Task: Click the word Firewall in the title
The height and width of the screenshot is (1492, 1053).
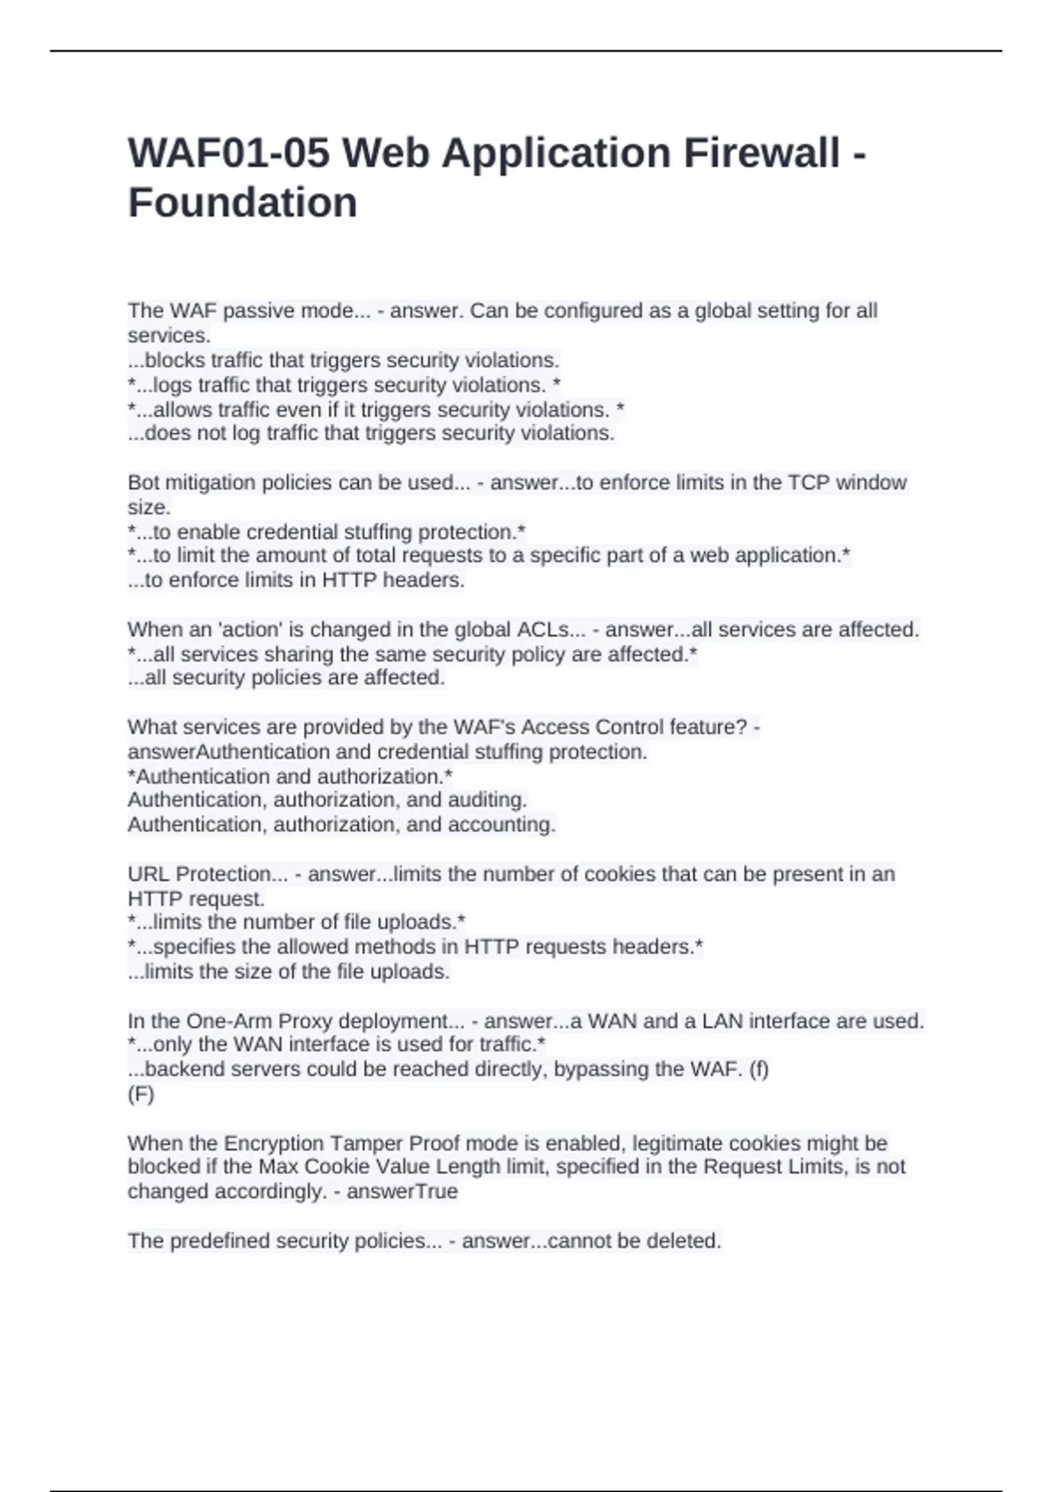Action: pos(761,154)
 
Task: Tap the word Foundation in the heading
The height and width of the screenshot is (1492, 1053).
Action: pos(242,203)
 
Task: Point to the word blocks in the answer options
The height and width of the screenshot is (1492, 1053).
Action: pos(175,360)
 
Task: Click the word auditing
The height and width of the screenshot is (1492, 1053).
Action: pos(486,800)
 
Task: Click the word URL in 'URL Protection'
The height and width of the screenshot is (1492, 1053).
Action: pos(148,874)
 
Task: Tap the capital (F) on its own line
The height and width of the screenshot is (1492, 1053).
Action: pos(140,1094)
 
